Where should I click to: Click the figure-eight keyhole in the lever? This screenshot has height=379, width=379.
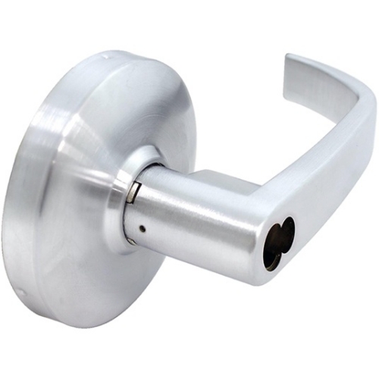pyautogui.click(x=277, y=246)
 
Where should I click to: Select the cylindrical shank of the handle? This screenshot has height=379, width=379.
pyautogui.click(x=182, y=220)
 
